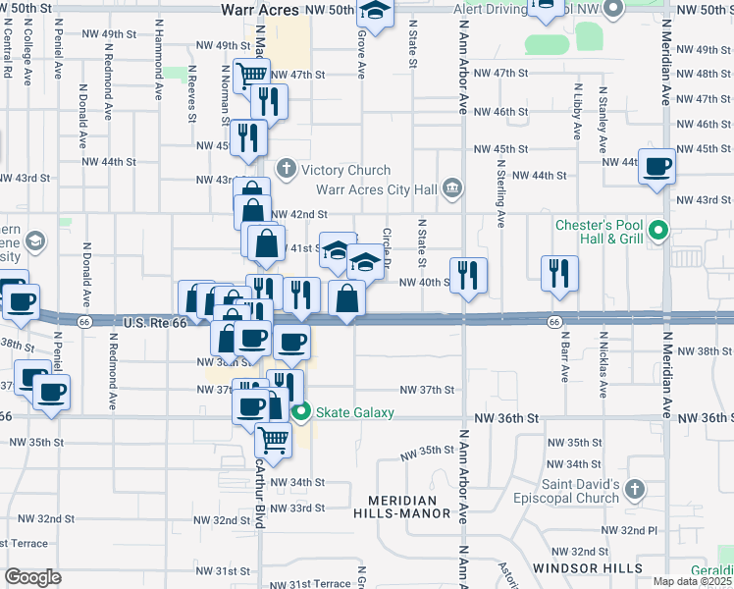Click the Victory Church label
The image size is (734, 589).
click(x=345, y=170)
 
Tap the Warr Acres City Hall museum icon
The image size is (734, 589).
click(x=452, y=187)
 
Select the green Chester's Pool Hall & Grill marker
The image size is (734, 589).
click(x=659, y=233)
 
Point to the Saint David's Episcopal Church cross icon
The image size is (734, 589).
click(x=634, y=489)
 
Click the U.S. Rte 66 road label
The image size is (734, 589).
click(x=155, y=322)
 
